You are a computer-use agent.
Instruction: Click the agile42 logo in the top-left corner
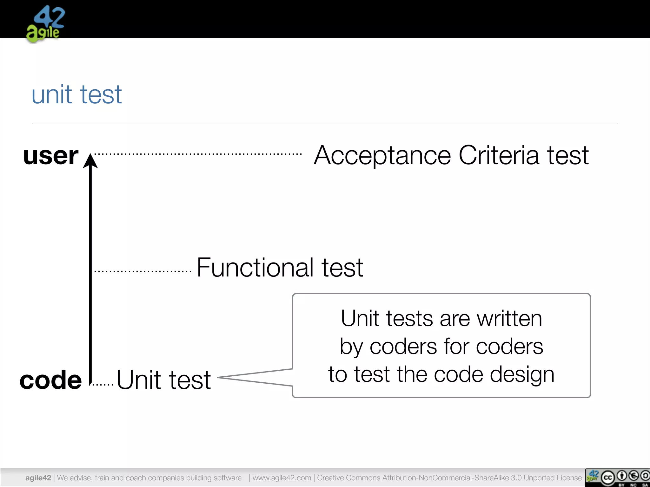click(45, 24)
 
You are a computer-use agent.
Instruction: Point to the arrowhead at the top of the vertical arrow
click(90, 160)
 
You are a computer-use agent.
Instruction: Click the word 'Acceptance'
click(382, 155)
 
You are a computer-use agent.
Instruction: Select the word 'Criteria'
click(499, 155)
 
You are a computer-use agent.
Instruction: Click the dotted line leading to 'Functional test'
click(143, 271)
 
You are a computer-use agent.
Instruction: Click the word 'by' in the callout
click(351, 347)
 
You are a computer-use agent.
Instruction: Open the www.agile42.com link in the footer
click(282, 478)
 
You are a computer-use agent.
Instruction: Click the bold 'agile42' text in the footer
click(38, 478)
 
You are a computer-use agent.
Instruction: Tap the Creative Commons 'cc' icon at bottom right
click(608, 477)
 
